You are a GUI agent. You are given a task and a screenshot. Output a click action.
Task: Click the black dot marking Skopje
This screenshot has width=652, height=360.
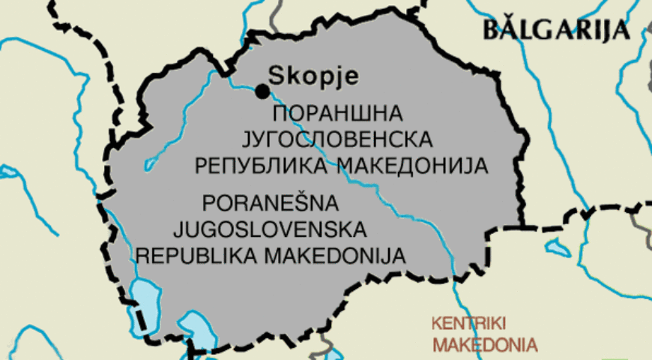coord(262,91)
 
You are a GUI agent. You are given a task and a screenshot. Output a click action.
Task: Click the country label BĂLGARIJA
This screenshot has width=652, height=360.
coord(555,30)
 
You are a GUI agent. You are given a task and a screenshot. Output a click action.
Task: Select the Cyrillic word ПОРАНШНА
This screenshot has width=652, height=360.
coord(338,114)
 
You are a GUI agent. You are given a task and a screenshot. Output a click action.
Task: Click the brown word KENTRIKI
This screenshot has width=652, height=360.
coord(468,324)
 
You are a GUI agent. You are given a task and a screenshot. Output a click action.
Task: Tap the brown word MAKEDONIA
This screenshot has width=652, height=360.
coord(485,346)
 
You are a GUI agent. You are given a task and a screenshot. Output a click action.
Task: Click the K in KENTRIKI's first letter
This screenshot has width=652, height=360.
coord(436,324)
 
